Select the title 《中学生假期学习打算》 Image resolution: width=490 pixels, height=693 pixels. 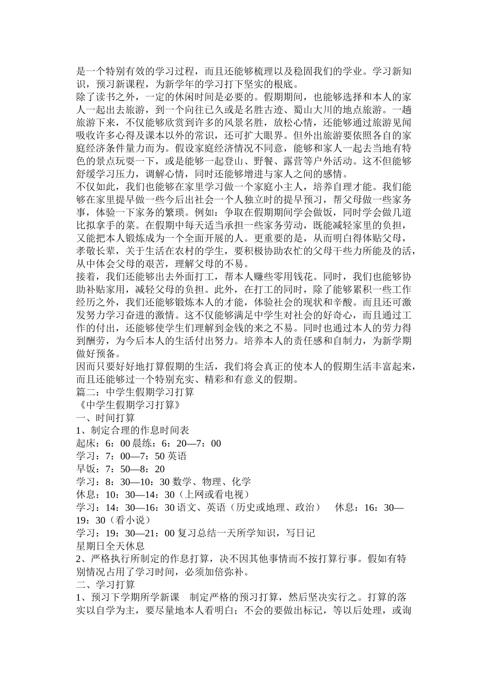pos(128,405)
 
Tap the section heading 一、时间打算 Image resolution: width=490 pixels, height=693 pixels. pos(106,418)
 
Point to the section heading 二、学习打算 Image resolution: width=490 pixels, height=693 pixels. pos(106,585)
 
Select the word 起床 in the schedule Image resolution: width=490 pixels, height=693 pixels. pos(85,443)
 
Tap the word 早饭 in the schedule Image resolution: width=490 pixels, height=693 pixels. pos(85,469)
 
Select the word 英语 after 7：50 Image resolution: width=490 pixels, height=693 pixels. pos(177,456)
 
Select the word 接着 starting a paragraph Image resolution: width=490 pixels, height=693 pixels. pos(85,277)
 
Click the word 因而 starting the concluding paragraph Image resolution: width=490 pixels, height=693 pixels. pos(85,367)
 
